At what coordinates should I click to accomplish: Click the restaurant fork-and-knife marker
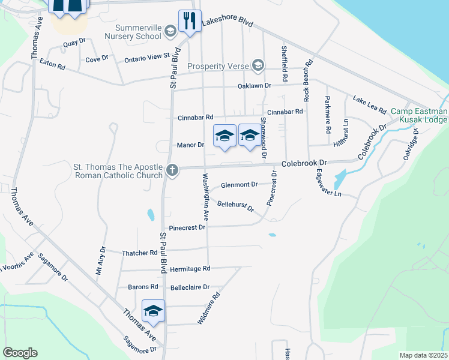pyautogui.click(x=190, y=21)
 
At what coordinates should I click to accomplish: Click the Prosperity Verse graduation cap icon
pyautogui.click(x=258, y=65)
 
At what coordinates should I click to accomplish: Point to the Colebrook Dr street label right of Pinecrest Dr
pyautogui.click(x=304, y=163)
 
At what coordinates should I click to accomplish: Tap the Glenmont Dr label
pyautogui.click(x=239, y=185)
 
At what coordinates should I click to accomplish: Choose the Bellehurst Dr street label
pyautogui.click(x=235, y=206)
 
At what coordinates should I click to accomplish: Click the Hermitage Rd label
pyautogui.click(x=190, y=268)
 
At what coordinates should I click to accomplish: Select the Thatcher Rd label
pyautogui.click(x=139, y=253)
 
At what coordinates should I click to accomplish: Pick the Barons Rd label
pyautogui.click(x=146, y=287)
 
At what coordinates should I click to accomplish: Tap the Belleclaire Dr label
pyautogui.click(x=190, y=287)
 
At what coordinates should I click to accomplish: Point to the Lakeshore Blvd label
pyautogui.click(x=228, y=22)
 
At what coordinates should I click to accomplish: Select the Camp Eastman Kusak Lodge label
pyautogui.click(x=419, y=116)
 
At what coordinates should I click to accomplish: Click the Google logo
pyautogui.click(x=20, y=353)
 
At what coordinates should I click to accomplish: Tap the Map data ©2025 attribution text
pyautogui.click(x=424, y=355)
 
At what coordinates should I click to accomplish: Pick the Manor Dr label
pyautogui.click(x=191, y=145)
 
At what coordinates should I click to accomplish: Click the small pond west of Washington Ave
pyautogui.click(x=149, y=214)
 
